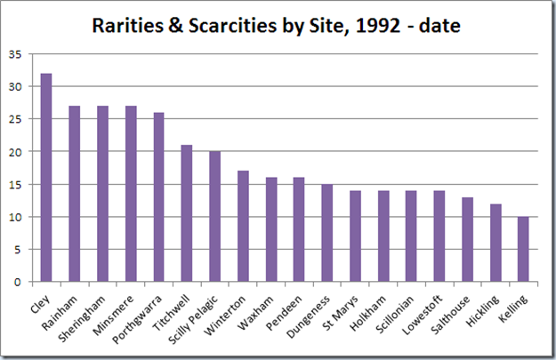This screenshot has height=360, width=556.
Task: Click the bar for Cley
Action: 45,178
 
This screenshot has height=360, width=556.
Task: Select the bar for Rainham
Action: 74,194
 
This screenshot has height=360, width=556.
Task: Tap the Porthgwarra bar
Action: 158,197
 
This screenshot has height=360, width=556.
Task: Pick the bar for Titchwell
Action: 187,213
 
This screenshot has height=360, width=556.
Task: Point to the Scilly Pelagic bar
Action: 214,217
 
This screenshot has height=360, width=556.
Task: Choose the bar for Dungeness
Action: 327,233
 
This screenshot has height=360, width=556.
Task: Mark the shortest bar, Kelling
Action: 524,249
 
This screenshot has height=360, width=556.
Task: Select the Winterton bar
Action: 243,227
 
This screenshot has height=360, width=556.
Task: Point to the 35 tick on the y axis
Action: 16,54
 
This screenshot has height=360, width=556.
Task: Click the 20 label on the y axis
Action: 16,152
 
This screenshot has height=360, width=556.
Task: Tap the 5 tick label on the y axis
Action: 20,250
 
